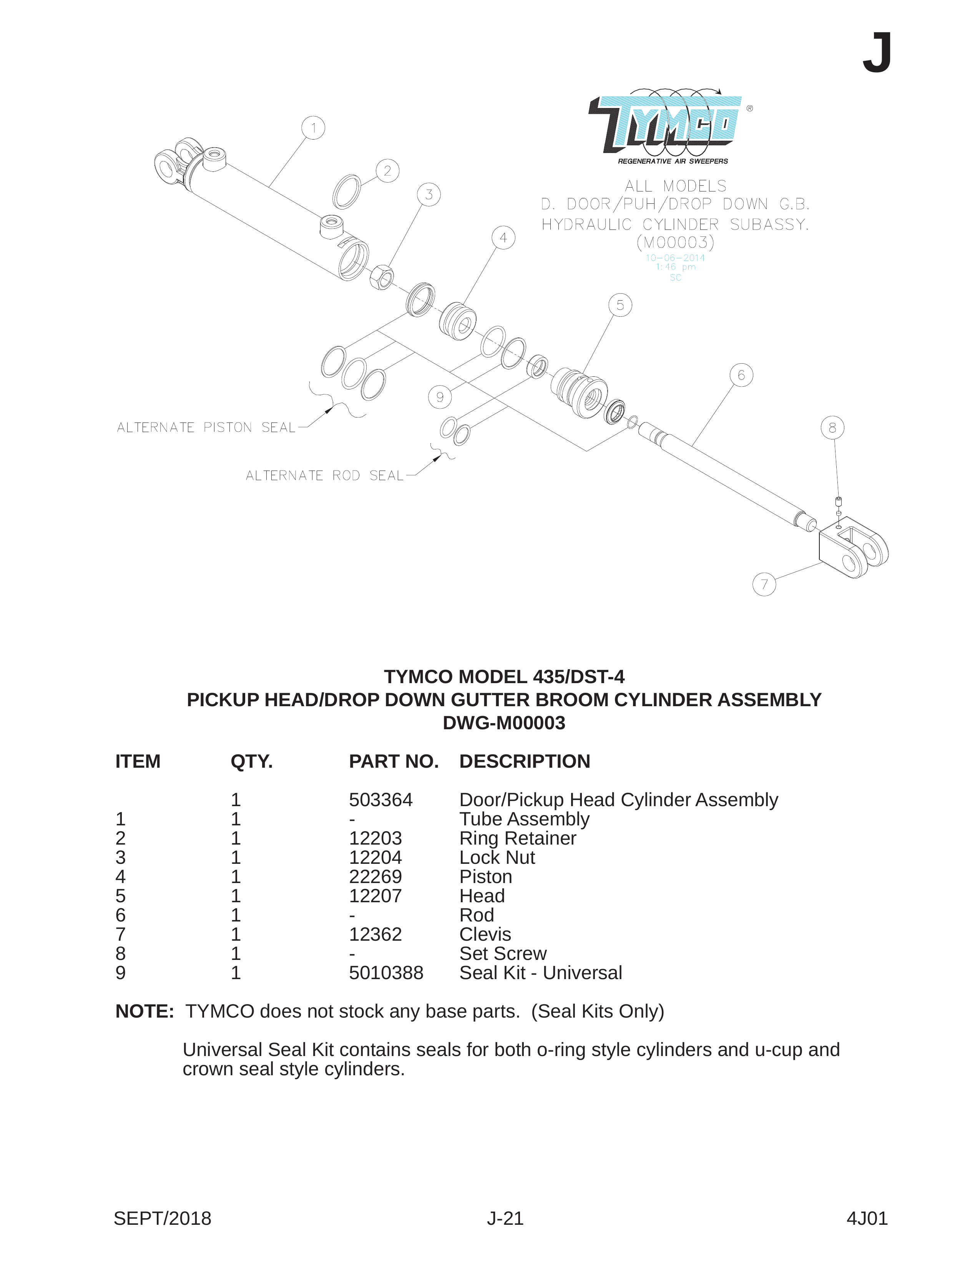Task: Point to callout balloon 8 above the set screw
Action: tap(832, 427)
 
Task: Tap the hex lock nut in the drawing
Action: tap(382, 276)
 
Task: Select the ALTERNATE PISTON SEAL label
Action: tap(206, 427)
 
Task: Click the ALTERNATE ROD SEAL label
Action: tap(324, 476)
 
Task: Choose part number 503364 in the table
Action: tap(380, 800)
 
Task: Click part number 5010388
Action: tap(386, 973)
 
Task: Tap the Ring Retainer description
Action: tap(518, 838)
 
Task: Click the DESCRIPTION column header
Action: tap(525, 761)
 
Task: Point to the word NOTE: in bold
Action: tap(145, 1011)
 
